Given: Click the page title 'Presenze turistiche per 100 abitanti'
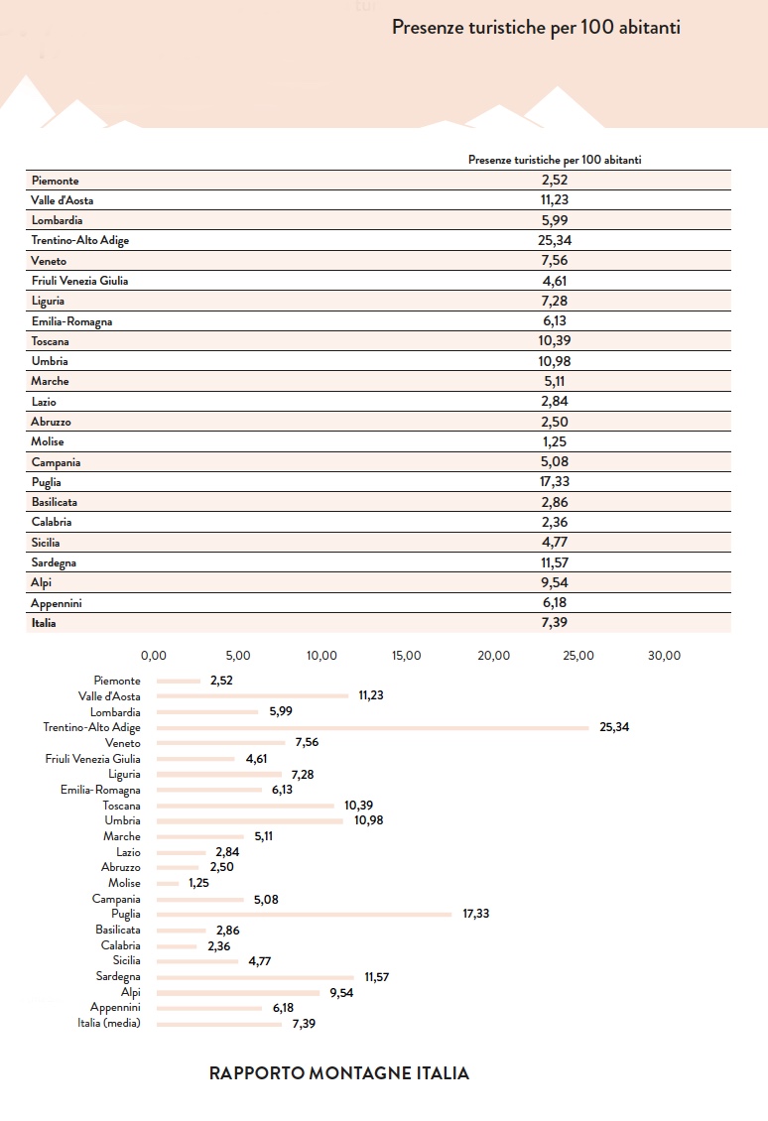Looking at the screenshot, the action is coord(536,28).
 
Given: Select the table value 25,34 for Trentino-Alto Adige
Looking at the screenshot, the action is coord(555,240).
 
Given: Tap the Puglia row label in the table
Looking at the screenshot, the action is coord(46,482).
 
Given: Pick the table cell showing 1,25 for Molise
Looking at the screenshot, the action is coord(555,441).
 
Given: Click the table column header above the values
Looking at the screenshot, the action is coord(555,160).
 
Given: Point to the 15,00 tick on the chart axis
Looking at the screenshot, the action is coord(406,656).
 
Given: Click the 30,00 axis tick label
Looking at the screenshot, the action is coord(664,656).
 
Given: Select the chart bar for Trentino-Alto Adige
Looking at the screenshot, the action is coord(372,728).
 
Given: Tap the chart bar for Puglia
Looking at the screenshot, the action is coord(304,915).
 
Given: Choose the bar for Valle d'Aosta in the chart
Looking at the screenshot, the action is coord(252,695).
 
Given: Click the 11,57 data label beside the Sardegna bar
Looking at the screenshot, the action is coord(377,977).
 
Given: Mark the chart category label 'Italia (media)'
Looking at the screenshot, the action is coord(109,1023).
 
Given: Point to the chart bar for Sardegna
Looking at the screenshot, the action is coord(255,977).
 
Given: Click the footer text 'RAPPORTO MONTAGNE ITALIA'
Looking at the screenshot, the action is coord(339,1073).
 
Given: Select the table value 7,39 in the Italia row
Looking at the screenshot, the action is coord(555,623).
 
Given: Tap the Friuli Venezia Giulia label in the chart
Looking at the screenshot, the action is coord(93,759).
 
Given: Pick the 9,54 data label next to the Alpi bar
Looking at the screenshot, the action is coord(341,993).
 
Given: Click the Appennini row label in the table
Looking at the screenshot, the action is coord(56,603).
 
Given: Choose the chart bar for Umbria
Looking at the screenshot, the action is coord(250,821).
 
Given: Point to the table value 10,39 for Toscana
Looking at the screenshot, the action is coord(555,341).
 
